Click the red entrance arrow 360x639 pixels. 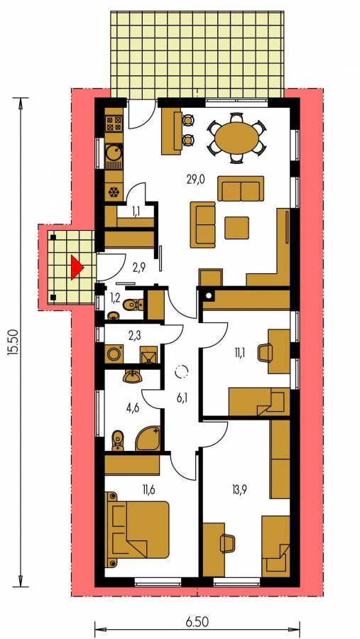[76, 268]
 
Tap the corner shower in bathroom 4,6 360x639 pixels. [148, 438]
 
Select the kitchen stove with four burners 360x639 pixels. [114, 123]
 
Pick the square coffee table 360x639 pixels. [236, 227]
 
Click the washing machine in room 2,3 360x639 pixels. [114, 354]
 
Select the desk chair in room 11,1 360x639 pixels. [265, 352]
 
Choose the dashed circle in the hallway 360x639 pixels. [182, 371]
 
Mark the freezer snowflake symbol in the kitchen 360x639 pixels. [114, 192]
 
